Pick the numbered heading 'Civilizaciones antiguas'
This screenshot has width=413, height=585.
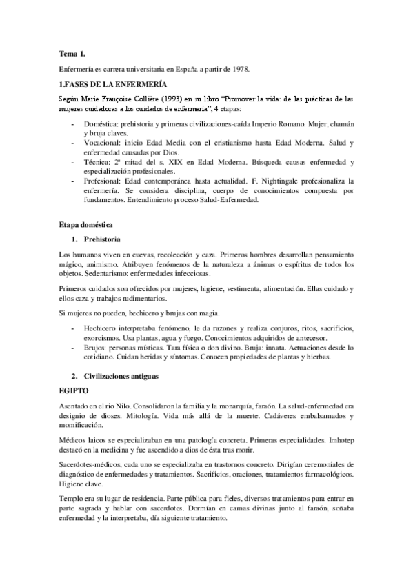[121, 377]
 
